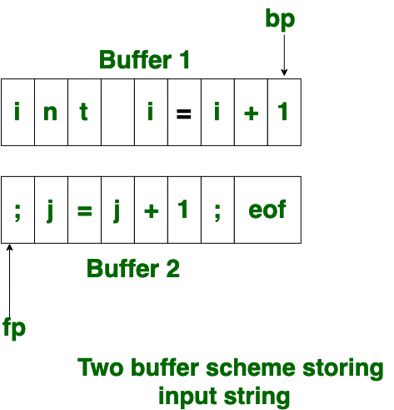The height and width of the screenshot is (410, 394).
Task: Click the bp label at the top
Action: pos(280,19)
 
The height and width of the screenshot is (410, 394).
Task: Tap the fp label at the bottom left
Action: pos(14,328)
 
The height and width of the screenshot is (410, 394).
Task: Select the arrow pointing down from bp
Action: pos(284,55)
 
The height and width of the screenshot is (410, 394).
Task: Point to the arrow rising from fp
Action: pos(10,281)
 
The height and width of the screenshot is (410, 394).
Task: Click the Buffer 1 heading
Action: pos(144,59)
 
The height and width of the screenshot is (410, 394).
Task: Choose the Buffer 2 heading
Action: pos(133,268)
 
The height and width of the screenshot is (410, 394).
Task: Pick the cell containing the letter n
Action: pos(51,112)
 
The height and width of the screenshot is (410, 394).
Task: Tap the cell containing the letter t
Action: pos(84,112)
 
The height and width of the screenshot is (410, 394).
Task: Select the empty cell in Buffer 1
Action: pos(117,112)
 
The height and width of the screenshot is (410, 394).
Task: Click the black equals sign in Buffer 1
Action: pos(184,114)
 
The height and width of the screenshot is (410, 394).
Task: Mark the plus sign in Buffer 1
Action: pos(251,114)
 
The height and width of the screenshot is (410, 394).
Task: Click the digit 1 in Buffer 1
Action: pos(283,111)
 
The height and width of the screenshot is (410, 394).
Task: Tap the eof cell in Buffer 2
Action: pos(267,210)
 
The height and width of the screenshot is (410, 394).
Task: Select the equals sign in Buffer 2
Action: pos(85,211)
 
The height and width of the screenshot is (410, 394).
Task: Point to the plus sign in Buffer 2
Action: pos(152,211)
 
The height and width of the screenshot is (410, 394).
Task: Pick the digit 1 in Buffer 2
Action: pos(183,209)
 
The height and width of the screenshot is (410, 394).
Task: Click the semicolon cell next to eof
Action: pos(217,210)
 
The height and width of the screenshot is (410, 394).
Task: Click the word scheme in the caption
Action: pos(251,367)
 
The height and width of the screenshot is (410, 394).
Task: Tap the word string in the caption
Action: pos(257,397)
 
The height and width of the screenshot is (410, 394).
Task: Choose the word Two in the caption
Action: pos(100,367)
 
